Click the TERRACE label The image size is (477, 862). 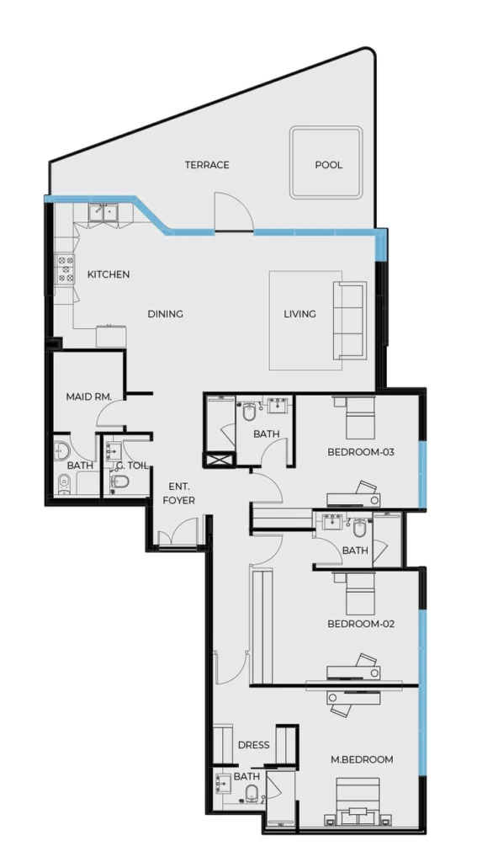pos(207,165)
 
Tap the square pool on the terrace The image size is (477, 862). pos(326,162)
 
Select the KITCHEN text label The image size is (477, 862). pos(109,274)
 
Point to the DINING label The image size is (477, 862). pos(165,314)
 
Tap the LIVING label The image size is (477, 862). pos(299,314)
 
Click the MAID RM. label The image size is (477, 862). pos(94,396)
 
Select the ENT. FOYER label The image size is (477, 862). pos(179,493)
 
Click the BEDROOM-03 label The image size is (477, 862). pos(361,452)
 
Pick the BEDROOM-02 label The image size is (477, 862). pos(361,625)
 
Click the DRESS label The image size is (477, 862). pos(253,745)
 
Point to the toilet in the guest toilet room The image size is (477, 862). pos(120,482)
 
